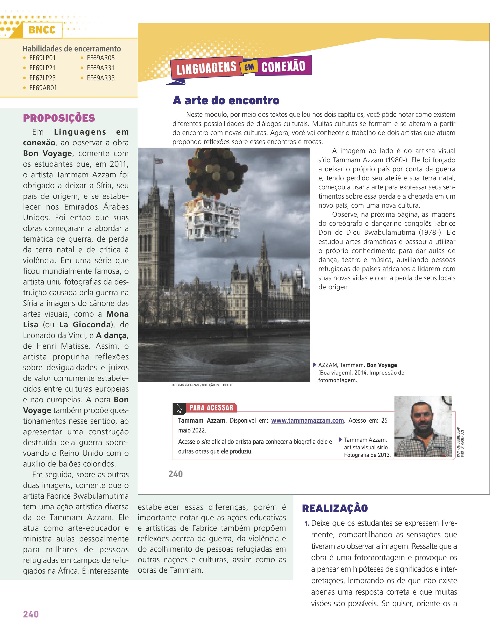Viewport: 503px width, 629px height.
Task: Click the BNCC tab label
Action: pyautogui.click(x=42, y=30)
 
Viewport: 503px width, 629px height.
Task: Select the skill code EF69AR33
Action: pyautogui.click(x=101, y=78)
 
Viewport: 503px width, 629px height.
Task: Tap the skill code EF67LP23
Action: pyautogui.click(x=43, y=78)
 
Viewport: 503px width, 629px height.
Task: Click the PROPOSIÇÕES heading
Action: pyautogui.click(x=59, y=118)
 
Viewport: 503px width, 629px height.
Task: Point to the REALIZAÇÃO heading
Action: pyautogui.click(x=335, y=508)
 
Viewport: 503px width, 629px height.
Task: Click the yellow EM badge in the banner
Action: pyautogui.click(x=249, y=67)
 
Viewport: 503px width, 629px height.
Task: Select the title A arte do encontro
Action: pyautogui.click(x=226, y=100)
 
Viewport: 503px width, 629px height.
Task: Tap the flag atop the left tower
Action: pyautogui.click(x=159, y=161)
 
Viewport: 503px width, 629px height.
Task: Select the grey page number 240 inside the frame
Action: pyautogui.click(x=176, y=474)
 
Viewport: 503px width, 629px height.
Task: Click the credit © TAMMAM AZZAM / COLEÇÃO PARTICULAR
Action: pyautogui.click(x=203, y=385)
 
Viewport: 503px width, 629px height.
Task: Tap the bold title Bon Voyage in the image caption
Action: pyautogui.click(x=382, y=365)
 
